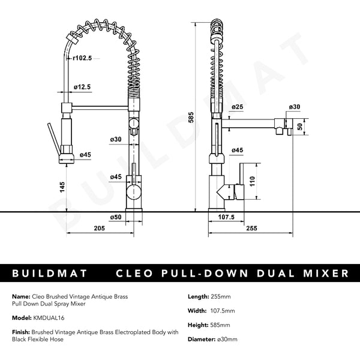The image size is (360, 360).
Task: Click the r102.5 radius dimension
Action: pos(82,58)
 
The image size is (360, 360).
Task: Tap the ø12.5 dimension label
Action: pos(82,87)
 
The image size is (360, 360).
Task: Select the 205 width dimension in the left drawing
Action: pos(99,229)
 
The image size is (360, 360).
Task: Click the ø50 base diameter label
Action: pos(116,217)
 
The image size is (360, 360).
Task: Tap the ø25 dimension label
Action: pos(237,107)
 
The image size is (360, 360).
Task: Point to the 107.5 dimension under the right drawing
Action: pos(226,217)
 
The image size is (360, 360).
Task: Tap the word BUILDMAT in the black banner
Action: pos(50,274)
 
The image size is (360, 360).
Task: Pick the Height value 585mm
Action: pos(220,325)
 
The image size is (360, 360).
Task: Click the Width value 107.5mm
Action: pos(221,311)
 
